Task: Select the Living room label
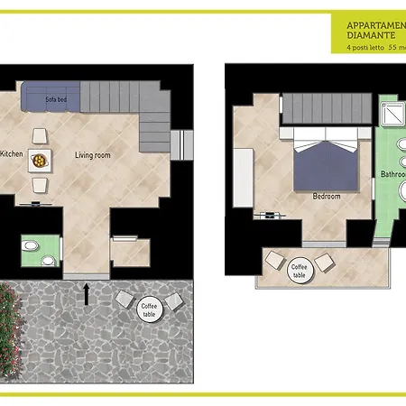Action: point(92,155)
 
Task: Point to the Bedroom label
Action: point(326,195)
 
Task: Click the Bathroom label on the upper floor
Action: point(393,174)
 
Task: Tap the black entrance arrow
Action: point(87,292)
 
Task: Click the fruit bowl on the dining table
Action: point(40,160)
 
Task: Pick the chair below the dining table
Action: point(40,184)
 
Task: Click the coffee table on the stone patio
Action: point(149,309)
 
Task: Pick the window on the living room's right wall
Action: point(188,143)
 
